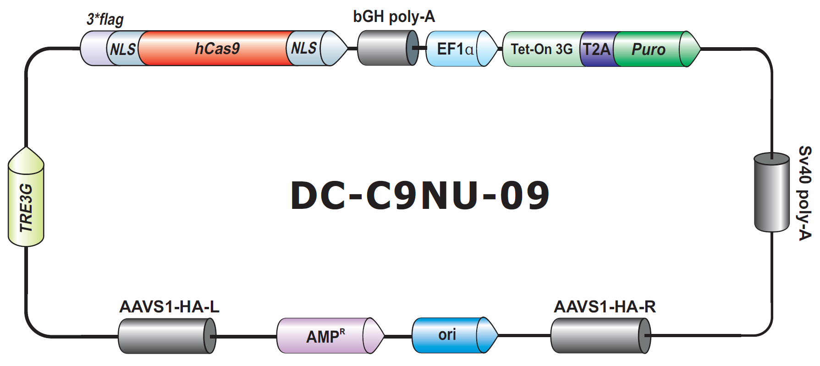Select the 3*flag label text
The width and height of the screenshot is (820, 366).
point(105,19)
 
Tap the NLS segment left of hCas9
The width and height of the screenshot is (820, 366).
point(123,48)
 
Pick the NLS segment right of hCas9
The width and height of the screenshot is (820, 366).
point(303,48)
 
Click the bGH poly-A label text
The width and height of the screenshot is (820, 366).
point(394,16)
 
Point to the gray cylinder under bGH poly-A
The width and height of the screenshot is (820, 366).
point(388,48)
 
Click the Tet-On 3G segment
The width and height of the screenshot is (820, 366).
point(542,49)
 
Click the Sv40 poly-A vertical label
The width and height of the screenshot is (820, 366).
point(805,193)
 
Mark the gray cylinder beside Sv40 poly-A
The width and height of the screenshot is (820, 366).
point(772,192)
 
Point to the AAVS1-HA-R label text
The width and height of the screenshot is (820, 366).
point(605,306)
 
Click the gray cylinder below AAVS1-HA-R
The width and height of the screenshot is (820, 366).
point(600,336)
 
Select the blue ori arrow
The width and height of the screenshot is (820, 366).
point(455,335)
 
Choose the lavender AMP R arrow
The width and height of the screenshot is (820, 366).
point(330,336)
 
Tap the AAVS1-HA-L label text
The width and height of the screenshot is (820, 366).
point(169,306)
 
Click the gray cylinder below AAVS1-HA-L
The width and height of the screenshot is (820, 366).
point(167,336)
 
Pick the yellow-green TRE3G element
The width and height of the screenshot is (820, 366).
point(26,197)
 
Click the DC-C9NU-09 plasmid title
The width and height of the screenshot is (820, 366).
point(420,196)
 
